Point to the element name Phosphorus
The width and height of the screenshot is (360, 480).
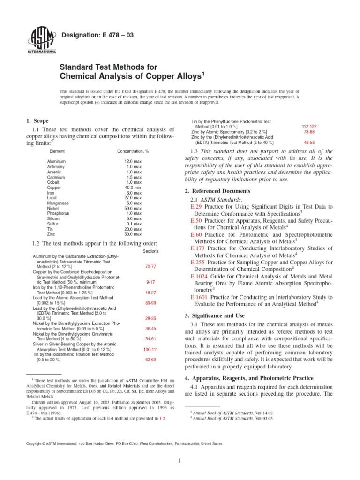point(58,213)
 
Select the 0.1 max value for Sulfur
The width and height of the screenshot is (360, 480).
point(134,224)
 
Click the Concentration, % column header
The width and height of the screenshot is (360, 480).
point(133,151)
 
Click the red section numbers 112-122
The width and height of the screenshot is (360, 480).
point(309,127)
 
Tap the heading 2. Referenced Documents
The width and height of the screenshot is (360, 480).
point(217,191)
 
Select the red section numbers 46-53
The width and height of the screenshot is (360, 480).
point(309,142)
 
